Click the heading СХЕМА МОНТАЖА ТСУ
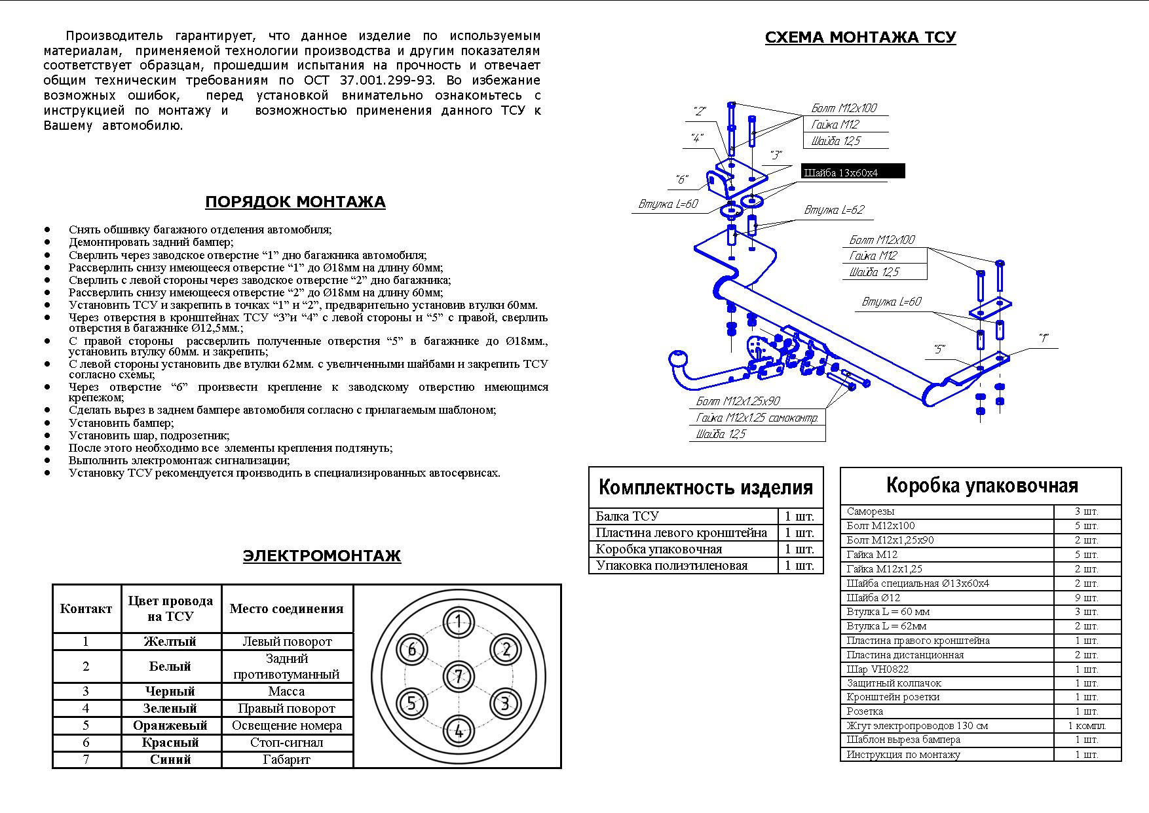860,37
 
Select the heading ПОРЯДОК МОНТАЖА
295,202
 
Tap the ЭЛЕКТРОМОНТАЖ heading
321,556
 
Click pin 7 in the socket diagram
459,677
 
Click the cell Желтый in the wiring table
170,641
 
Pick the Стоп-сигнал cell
286,742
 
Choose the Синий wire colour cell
170,759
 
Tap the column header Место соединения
286,608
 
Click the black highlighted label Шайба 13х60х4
853,172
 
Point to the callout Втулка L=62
834,210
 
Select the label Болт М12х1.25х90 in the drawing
738,401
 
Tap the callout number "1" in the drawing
1043,338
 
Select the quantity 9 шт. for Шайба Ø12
1085,597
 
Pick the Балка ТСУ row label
627,516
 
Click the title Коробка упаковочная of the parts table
981,486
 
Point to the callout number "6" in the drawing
681,180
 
